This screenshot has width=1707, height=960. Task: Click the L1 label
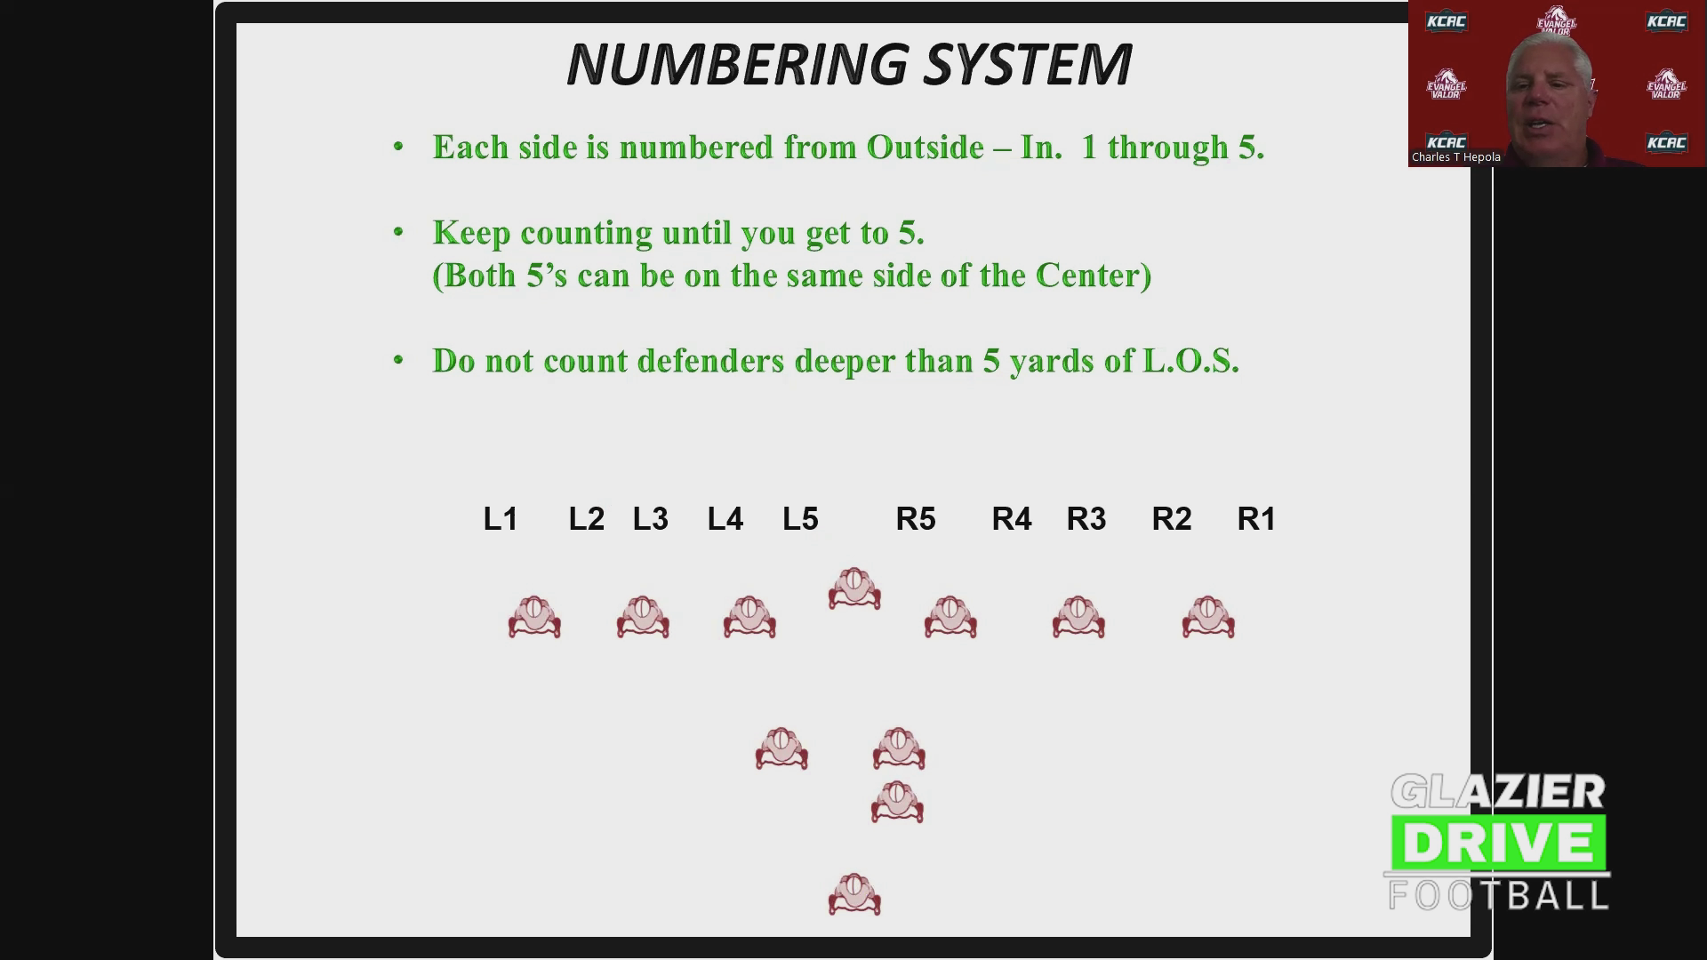pos(501,518)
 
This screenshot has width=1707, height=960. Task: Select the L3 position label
pos(650,518)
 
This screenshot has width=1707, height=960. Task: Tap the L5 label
pos(800,518)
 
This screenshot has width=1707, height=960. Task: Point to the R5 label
pos(916,518)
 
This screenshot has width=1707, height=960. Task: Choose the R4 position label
pos(1012,518)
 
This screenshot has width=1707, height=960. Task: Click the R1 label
pos(1256,518)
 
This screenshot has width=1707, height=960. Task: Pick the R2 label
pos(1172,518)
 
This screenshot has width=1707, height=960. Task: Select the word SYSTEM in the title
pos(1028,64)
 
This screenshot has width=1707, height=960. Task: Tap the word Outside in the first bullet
pos(925,147)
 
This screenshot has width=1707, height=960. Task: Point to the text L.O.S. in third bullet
pos(1191,361)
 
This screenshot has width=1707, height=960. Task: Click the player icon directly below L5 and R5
pos(854,588)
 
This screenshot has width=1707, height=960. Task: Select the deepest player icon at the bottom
pos(854,894)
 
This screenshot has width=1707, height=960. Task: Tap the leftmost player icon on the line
pos(534,617)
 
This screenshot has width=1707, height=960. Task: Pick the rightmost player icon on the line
pos(1208,617)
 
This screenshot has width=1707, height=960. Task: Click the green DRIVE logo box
pos(1499,843)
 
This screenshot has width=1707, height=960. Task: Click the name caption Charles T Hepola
pos(1456,157)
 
